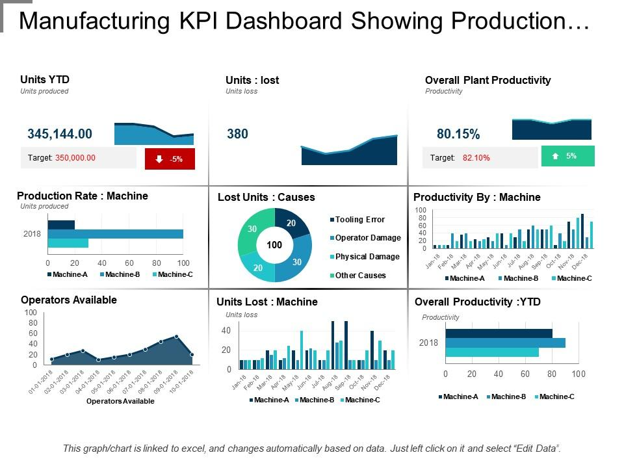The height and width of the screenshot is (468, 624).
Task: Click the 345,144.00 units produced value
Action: pos(60,134)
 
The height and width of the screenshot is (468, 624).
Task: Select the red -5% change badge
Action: pos(170,159)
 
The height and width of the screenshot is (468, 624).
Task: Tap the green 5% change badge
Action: pos(567,156)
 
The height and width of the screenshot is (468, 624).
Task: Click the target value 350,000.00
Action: pos(75,158)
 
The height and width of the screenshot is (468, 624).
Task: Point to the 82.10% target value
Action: pos(476,157)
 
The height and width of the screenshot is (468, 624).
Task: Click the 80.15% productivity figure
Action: pos(458,135)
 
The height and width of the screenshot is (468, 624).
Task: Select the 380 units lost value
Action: pos(237,134)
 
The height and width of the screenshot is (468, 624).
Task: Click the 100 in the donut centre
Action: pos(274,245)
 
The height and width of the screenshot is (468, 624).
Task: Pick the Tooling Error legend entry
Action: pos(359,220)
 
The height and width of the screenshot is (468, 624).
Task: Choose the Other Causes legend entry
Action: pos(360,276)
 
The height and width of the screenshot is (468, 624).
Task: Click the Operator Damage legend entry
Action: pos(368,238)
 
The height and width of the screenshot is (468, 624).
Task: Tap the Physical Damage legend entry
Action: pos(367,257)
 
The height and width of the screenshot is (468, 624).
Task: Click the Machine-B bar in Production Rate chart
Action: pos(115,234)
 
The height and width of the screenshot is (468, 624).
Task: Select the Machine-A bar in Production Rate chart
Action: pos(61,225)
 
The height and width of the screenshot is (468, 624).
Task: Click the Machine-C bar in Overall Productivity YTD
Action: pos(491,352)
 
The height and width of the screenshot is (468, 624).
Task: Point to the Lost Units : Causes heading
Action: pos(266,197)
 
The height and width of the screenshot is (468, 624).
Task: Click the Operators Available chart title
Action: pos(69,300)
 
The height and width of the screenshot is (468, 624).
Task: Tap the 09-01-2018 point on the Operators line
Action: pos(176,337)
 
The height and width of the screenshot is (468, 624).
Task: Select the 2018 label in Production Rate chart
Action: pos(32,234)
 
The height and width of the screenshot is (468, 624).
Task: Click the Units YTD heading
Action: pos(45,79)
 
